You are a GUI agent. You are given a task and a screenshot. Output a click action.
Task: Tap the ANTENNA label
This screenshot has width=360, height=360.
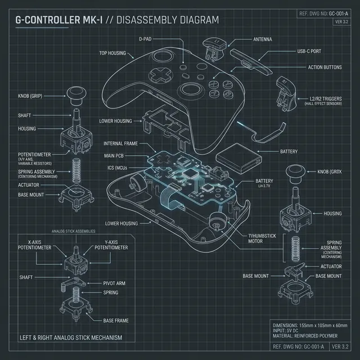[259, 39]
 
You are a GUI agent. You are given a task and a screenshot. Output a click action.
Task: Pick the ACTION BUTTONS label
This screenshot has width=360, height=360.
[325, 67]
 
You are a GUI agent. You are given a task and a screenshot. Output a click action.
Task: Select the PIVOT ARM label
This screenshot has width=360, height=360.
[116, 283]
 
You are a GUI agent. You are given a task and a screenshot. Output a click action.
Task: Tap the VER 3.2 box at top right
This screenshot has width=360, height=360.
[342, 21]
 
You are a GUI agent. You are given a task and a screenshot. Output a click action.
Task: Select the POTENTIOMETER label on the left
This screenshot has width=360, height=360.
[35, 154]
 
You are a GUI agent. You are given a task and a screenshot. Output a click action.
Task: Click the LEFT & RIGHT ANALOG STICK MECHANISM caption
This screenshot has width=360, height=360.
[70, 337]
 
